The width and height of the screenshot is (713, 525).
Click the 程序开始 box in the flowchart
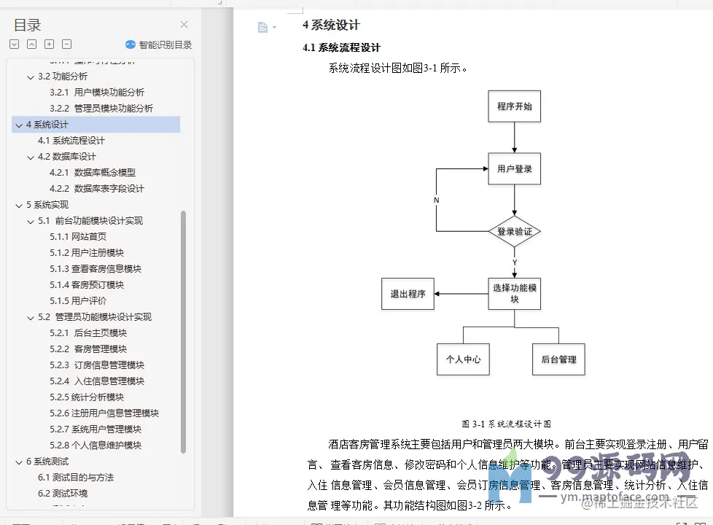tap(514, 106)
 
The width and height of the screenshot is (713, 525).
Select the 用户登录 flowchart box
tap(514, 169)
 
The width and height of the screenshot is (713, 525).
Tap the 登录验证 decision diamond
tap(514, 233)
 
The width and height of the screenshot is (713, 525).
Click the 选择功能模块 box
tap(514, 293)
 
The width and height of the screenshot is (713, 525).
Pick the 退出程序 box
tap(408, 294)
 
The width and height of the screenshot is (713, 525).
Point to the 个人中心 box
tap(463, 359)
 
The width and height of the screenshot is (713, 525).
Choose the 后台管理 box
tap(558, 359)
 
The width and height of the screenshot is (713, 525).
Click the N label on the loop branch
tap(436, 200)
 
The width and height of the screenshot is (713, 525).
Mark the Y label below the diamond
tap(515, 262)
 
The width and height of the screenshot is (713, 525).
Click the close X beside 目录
tap(184, 25)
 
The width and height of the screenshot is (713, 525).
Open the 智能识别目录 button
tap(159, 44)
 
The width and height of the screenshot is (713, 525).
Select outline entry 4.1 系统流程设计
tap(71, 141)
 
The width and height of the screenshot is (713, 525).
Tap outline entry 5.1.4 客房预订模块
tap(87, 285)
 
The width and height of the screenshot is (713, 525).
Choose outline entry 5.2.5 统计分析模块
tap(87, 397)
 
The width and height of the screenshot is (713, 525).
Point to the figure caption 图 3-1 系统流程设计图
tap(506, 424)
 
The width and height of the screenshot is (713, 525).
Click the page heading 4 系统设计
tap(331, 26)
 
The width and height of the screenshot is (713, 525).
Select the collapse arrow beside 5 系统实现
tap(18, 205)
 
